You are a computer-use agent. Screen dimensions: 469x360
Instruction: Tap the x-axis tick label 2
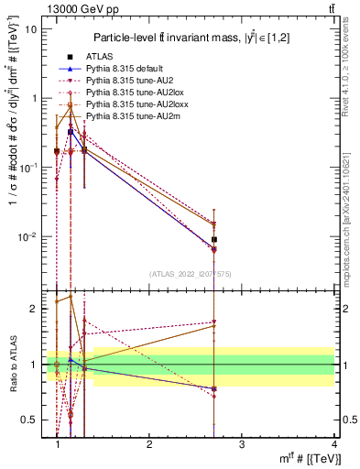pos(149,442)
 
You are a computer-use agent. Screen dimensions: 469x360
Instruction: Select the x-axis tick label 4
pos(334,442)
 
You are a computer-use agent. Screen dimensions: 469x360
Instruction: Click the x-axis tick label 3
pos(242,442)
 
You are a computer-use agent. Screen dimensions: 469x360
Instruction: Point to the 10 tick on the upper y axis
pos(31,28)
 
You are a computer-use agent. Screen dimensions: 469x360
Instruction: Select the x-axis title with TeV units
pos(299,458)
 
